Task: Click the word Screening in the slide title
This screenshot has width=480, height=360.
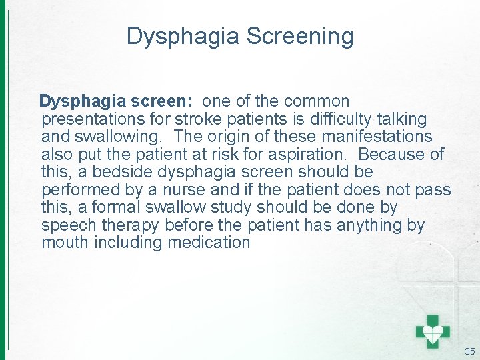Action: point(300,36)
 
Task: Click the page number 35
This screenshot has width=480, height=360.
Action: point(469,351)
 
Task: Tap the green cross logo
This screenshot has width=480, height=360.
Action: point(432,330)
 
